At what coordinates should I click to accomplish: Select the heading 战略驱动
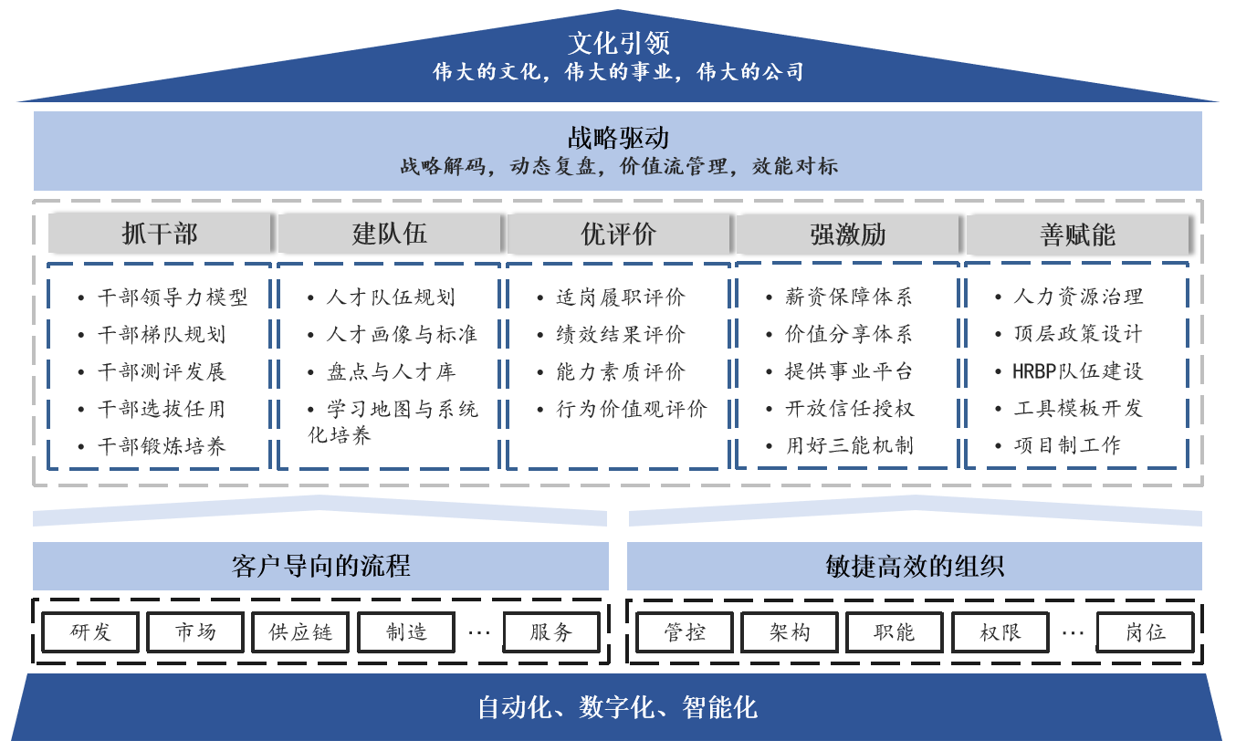pos(618,138)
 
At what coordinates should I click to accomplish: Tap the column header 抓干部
pos(160,235)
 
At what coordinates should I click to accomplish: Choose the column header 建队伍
pos(390,235)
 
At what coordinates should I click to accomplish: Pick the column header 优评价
pos(619,235)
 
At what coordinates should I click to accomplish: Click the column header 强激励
pos(848,235)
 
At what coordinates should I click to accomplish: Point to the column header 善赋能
pos(1077,235)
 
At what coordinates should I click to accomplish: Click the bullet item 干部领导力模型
pos(173,297)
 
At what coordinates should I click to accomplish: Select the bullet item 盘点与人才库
pos(391,371)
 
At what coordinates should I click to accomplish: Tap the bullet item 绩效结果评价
pos(621,335)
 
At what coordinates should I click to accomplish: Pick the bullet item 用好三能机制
pos(849,446)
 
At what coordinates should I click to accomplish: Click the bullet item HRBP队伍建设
pos(1077,371)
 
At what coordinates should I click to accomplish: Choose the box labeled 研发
pos(90,632)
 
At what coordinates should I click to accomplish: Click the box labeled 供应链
pos(300,632)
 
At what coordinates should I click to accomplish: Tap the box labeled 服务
pos(551,632)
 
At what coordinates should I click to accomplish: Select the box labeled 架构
pos(790,632)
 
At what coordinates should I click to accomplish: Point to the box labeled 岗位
pos(1145,632)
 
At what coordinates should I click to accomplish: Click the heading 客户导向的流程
pos(320,566)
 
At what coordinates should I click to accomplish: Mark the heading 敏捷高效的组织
pos(914,566)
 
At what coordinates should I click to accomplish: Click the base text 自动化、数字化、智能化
pos(618,707)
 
